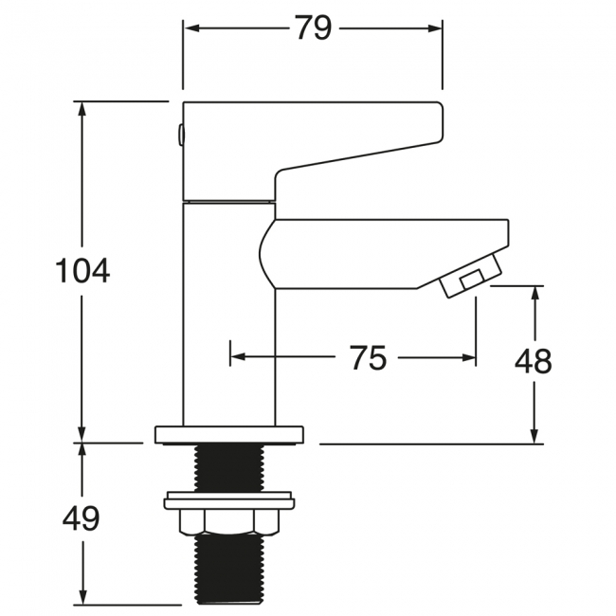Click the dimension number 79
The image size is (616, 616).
click(313, 28)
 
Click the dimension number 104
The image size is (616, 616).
click(82, 271)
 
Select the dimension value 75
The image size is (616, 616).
click(368, 358)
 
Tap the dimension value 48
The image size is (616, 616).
click(534, 361)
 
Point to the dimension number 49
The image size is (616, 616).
click(82, 519)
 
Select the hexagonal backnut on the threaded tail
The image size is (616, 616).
click(229, 522)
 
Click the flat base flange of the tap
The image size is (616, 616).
click(229, 434)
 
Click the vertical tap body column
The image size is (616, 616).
click(228, 313)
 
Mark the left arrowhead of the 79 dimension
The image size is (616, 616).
click(190, 28)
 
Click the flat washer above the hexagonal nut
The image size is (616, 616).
click(229, 498)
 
